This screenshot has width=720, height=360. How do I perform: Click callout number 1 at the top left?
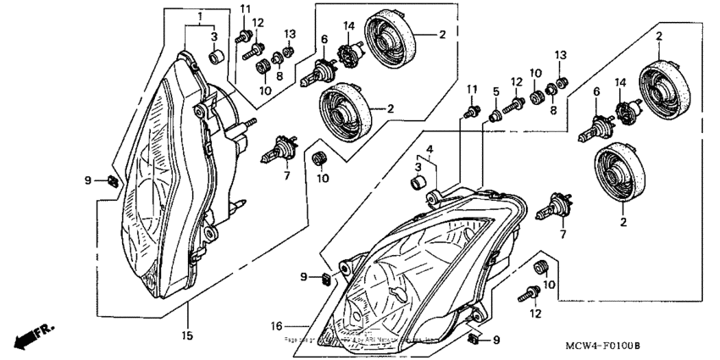(x=200, y=17)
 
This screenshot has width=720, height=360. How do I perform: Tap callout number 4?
(x=429, y=150)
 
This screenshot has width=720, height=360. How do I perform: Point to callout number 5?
(x=496, y=91)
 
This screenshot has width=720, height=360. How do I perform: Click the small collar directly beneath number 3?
(x=214, y=58)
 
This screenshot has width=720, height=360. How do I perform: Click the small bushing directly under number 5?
(x=497, y=114)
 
